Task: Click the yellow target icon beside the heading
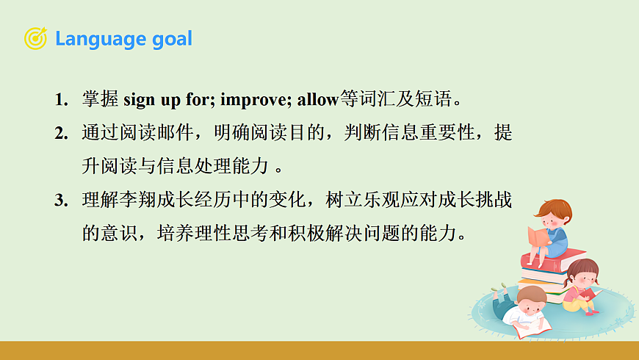pos(35,38)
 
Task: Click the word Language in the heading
pos(101,40)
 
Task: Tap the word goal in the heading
pos(172,40)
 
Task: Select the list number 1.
pos(62,99)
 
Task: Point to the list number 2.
pos(62,133)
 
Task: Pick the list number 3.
pos(62,200)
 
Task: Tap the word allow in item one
pos(318,100)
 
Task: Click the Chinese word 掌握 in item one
pos(100,99)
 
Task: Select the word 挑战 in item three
pos(494,199)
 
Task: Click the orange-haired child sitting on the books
pos(549,231)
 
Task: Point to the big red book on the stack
pos(552,259)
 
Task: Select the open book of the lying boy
pos(532,328)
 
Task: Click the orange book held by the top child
pos(538,236)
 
